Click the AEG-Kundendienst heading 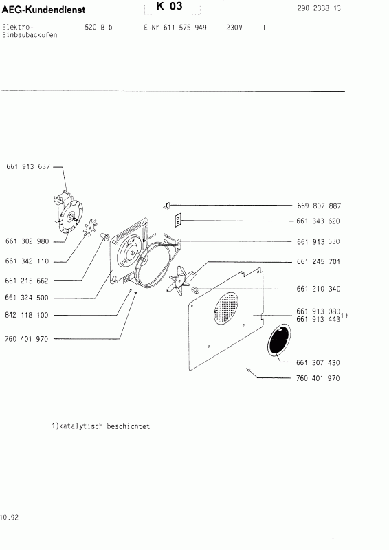click(x=43, y=8)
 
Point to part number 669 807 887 click(x=318, y=206)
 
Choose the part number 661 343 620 click(x=318, y=221)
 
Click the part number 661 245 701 click(x=318, y=262)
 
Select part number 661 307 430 click(x=318, y=362)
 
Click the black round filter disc click(x=278, y=341)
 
